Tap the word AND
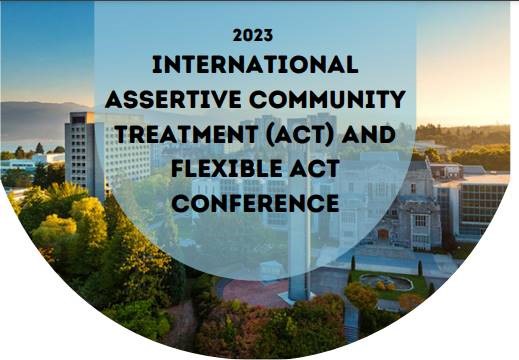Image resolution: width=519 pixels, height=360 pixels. [x=368, y=134]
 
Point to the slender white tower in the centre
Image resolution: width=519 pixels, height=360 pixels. [x=298, y=250]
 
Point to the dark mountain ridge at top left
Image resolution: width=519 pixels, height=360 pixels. [x=40, y=118]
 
